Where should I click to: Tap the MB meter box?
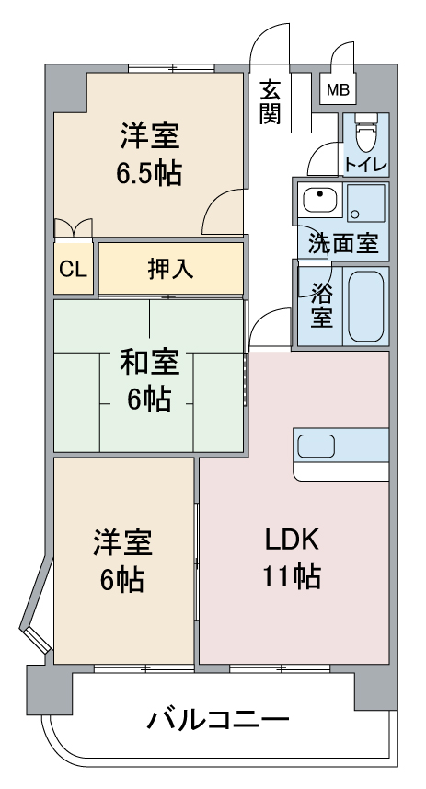click(x=338, y=90)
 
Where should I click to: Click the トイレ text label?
click(x=365, y=166)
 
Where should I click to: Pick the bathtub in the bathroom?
click(x=365, y=306)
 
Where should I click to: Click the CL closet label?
click(x=73, y=270)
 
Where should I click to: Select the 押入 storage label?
click(x=170, y=268)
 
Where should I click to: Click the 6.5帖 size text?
click(x=148, y=172)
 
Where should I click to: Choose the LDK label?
click(x=293, y=539)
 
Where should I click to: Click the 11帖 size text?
click(x=293, y=576)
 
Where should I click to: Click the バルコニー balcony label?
click(x=218, y=719)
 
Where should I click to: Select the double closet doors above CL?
click(x=73, y=226)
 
